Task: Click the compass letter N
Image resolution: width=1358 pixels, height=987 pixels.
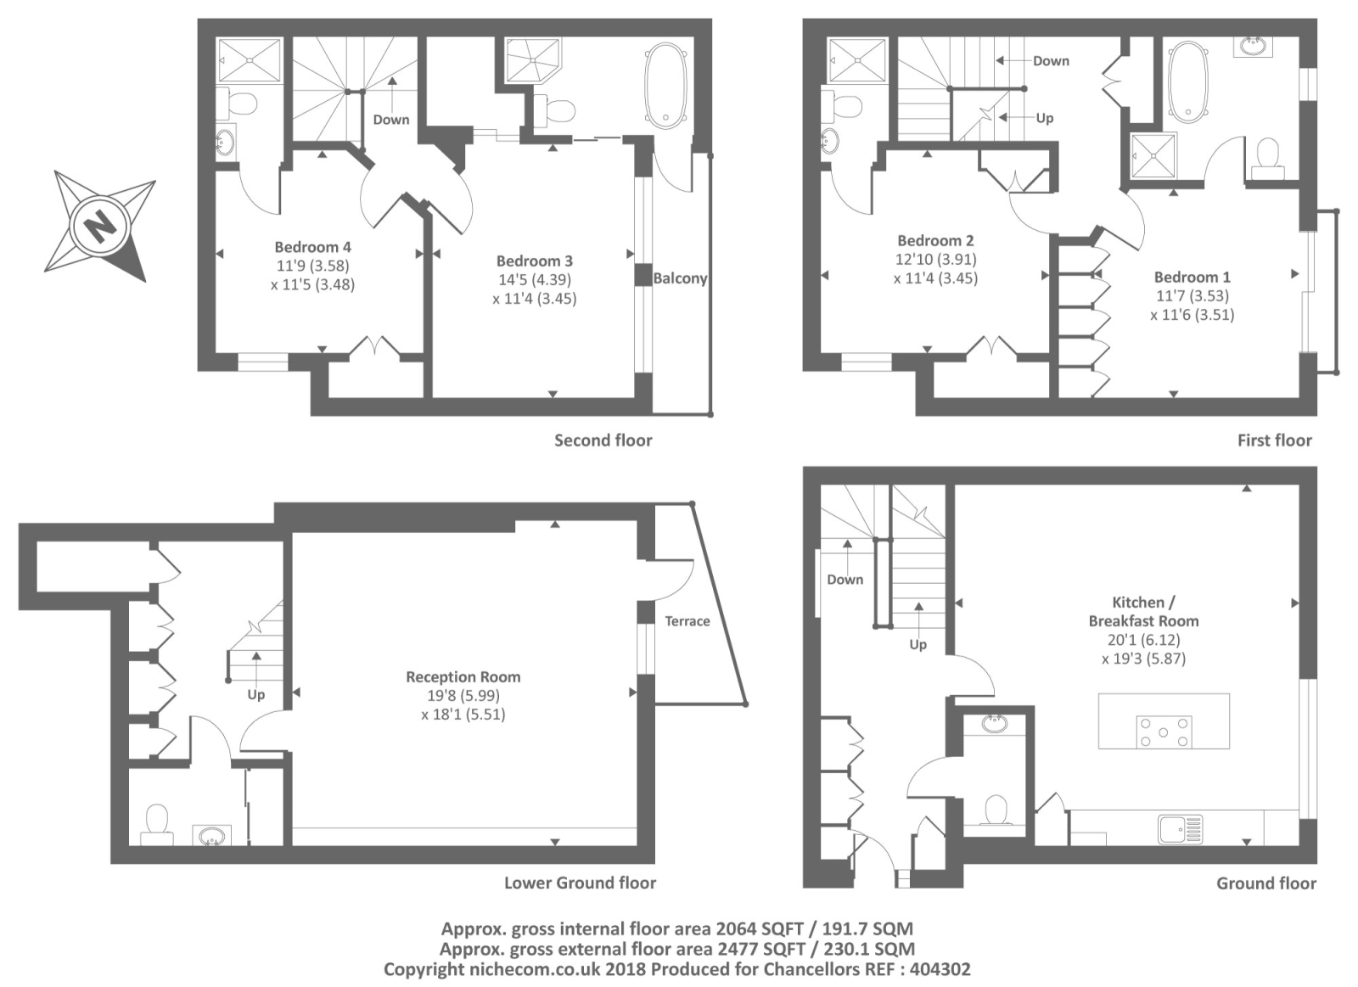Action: tap(100, 227)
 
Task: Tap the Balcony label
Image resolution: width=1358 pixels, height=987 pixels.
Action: tap(680, 278)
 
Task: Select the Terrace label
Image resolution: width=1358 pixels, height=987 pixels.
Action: tap(687, 621)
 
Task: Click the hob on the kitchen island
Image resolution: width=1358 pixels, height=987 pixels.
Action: tap(1164, 732)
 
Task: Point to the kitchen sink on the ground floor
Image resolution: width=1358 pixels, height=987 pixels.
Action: tap(1180, 828)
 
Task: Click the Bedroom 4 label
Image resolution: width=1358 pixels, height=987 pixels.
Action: tap(312, 247)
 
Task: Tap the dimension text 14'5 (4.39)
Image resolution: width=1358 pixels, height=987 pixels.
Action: tap(534, 279)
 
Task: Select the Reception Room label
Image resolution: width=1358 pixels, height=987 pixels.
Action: tap(463, 676)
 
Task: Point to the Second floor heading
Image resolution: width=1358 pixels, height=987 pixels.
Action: tap(603, 440)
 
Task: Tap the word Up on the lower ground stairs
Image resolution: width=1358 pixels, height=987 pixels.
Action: tap(255, 694)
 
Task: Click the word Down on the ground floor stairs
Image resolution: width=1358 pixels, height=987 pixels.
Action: tap(845, 580)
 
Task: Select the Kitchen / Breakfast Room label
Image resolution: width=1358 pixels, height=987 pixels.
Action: tap(1143, 611)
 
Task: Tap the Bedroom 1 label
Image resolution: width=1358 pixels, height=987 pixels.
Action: tap(1192, 277)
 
